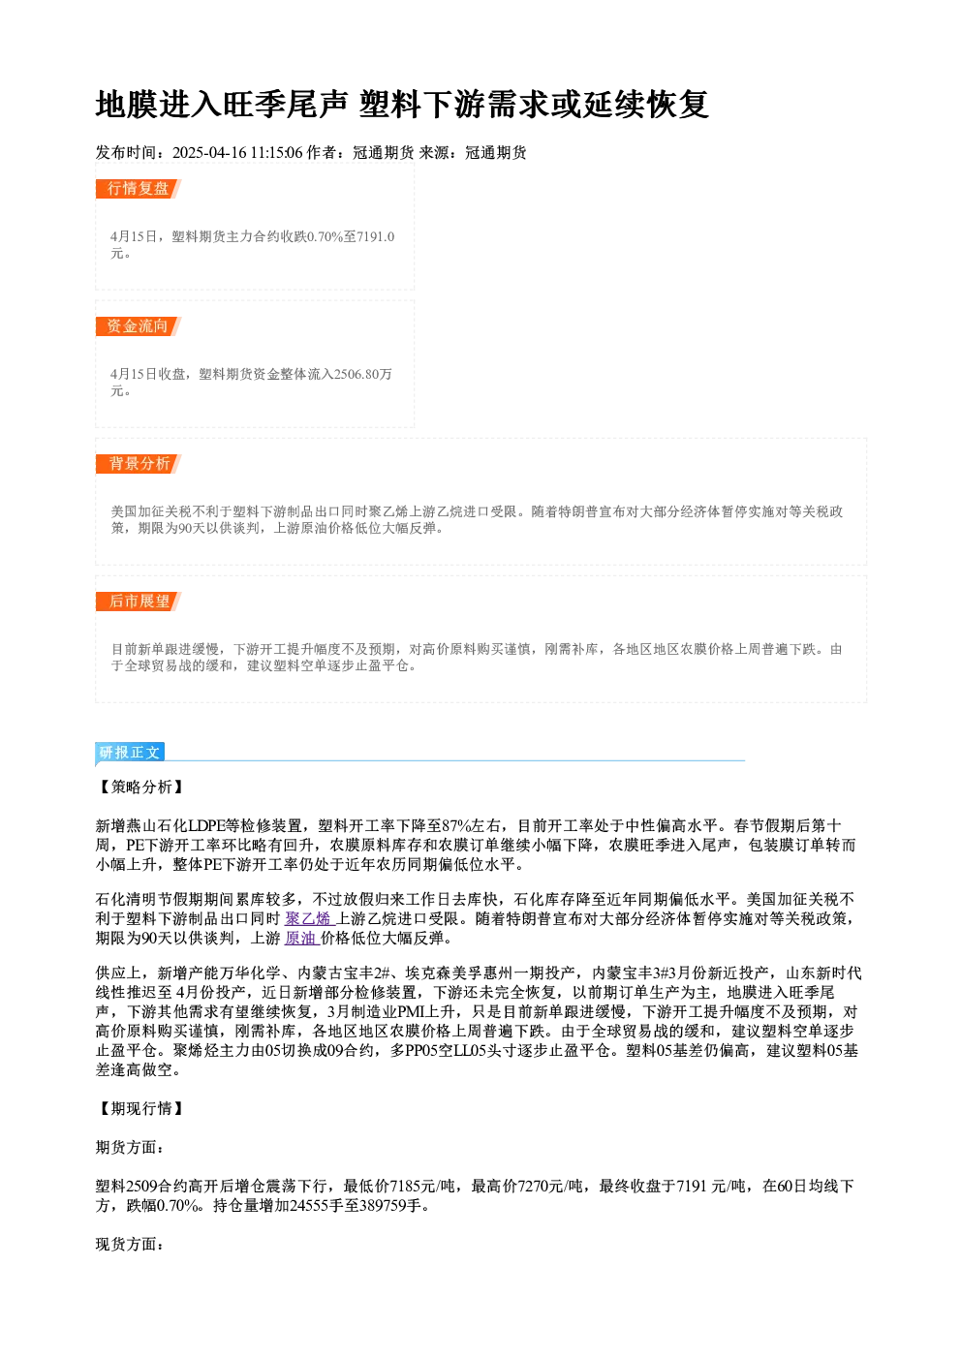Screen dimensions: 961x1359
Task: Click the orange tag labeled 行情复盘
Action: [139, 189]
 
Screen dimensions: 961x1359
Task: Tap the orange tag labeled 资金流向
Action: [139, 326]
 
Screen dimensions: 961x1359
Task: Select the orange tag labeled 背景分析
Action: [139, 464]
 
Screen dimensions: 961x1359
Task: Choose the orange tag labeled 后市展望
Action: [139, 602]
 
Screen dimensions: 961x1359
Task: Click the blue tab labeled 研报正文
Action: [130, 753]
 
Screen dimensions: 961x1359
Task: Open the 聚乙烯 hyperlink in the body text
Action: [308, 919]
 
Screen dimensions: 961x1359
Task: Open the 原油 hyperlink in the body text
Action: [300, 939]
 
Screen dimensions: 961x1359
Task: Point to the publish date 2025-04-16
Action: [209, 153]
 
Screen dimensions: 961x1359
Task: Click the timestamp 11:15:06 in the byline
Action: [276, 153]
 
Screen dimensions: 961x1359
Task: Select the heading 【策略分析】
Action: [140, 788]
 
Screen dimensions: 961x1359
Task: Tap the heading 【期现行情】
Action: [140, 1109]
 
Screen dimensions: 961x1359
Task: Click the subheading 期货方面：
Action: [130, 1147]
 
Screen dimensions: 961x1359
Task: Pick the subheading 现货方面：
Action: [130, 1245]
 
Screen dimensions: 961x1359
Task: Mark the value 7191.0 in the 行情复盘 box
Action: [376, 236]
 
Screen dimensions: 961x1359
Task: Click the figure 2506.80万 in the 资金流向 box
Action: [363, 374]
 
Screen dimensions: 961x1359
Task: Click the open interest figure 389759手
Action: [390, 1206]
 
